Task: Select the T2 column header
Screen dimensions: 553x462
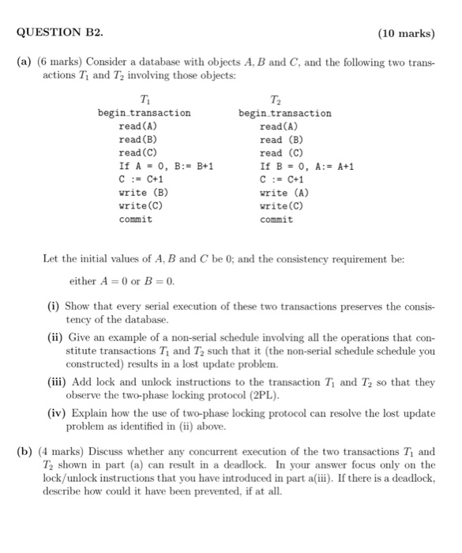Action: point(274,99)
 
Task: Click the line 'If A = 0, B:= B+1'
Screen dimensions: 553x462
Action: point(166,166)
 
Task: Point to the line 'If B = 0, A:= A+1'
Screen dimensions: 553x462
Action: point(307,166)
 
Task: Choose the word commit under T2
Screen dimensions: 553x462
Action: point(276,219)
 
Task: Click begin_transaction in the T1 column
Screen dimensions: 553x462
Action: point(144,113)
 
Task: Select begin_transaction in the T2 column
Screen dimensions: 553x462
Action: point(285,113)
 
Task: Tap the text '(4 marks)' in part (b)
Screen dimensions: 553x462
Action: point(61,452)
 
